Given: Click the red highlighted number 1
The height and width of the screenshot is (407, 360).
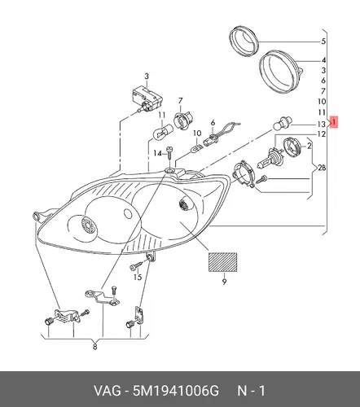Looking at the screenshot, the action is [x=334, y=122].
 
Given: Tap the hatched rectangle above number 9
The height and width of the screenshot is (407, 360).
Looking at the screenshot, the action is [x=222, y=262].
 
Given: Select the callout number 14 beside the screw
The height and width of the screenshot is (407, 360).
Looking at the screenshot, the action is [x=157, y=154].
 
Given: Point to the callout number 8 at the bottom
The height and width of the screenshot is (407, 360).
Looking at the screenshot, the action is [x=94, y=347].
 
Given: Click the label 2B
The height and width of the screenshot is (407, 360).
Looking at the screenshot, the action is [x=322, y=168].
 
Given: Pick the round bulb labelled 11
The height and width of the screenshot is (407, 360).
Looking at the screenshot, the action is [x=162, y=131].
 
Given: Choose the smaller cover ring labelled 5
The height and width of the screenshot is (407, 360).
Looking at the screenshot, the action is [x=244, y=41].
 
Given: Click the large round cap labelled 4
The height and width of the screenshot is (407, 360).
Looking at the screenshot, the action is [x=279, y=72].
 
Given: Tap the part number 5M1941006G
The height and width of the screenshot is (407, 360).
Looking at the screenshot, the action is [x=175, y=391].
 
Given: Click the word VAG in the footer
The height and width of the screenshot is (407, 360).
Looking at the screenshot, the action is [x=107, y=391].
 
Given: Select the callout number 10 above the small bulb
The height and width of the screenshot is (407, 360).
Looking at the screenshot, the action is [x=197, y=133].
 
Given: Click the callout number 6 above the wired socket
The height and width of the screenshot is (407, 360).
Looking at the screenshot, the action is [x=213, y=123].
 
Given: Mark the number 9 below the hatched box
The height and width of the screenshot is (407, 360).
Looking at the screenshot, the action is [x=224, y=282].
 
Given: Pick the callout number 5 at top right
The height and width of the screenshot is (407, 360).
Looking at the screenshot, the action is [x=323, y=42].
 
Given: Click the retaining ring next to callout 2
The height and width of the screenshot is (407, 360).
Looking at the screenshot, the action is [x=292, y=147].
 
